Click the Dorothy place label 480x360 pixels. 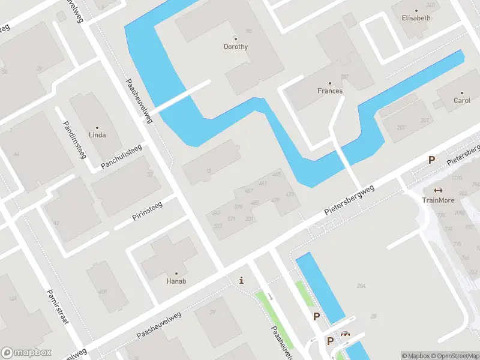pos(235,46)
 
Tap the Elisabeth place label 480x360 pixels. pos(416,18)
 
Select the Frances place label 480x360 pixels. pos(329,91)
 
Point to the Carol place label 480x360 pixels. pos(462,100)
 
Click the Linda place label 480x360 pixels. pos(97,135)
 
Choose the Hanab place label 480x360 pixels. pos(176,280)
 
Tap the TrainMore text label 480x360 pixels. pos(438,200)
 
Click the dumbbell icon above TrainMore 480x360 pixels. pos(438,191)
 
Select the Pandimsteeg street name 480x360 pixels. pos(75,139)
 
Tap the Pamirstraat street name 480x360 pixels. pos(58,306)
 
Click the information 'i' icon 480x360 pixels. pos(241,280)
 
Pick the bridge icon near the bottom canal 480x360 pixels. pos(345,335)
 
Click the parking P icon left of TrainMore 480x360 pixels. pos(431,160)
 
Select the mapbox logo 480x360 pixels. pos(26,353)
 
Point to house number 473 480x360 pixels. pos(290,194)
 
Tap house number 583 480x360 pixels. pos(217,226)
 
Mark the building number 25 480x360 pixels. pos(373,316)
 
